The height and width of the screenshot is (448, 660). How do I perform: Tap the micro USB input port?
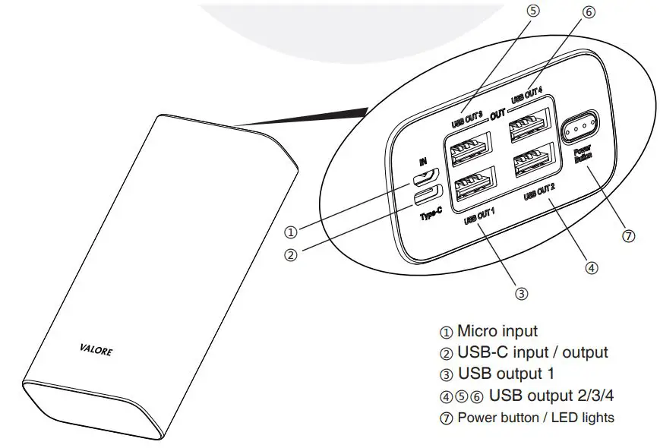click(x=422, y=180)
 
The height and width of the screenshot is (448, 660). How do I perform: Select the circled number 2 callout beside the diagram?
click(x=289, y=255)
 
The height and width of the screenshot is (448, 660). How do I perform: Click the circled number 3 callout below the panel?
click(x=520, y=292)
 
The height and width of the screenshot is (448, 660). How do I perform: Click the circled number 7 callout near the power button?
click(x=628, y=235)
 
